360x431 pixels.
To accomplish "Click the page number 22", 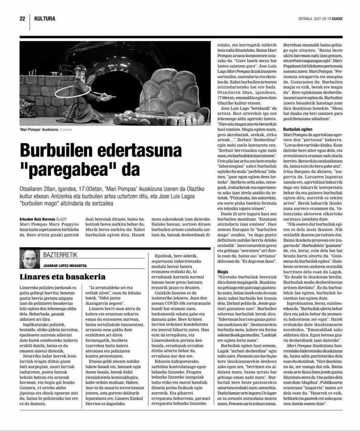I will tap(22, 19).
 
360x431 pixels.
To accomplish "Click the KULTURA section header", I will tap(44, 19).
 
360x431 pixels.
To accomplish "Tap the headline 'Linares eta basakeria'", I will tap(63, 277).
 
